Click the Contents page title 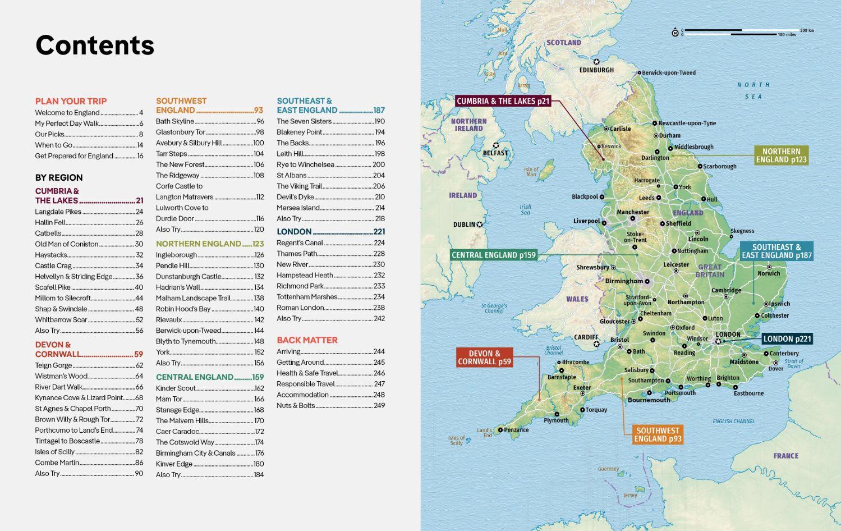[94, 45]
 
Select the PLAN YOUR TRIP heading [71, 101]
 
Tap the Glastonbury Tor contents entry [180, 132]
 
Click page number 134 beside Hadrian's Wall [259, 287]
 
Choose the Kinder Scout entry [176, 388]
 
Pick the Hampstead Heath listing [305, 275]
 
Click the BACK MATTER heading [307, 340]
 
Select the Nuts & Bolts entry [296, 405]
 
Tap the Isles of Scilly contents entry [54, 452]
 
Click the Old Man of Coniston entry [66, 244]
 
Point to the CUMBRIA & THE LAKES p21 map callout [503, 101]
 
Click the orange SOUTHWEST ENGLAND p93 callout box [658, 434]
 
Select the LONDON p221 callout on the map [787, 338]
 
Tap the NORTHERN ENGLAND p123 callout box [781, 155]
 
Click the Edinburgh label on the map [596, 70]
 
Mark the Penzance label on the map [516, 430]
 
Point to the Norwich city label [769, 273]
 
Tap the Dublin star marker [480, 225]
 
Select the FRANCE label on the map [785, 456]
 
